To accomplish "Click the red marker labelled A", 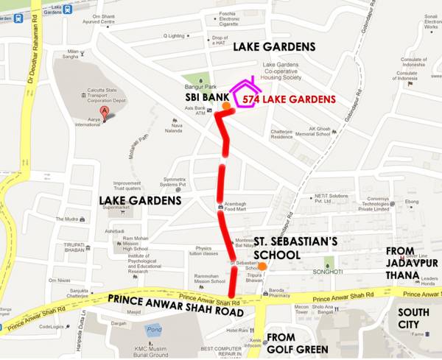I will (x=105, y=113).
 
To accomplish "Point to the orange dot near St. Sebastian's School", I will (x=262, y=266).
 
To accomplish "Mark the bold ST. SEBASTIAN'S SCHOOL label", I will (x=296, y=247).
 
